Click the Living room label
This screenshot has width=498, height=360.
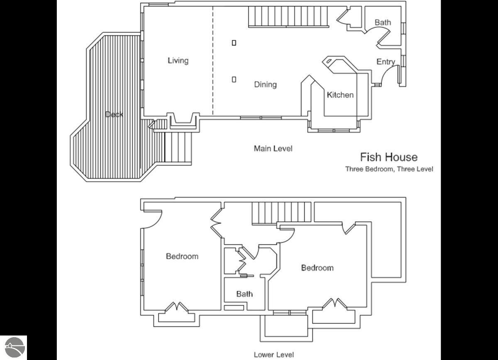178,61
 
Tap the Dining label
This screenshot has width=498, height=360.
266,85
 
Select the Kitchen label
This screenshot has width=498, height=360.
340,95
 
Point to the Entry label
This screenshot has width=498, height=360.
386,62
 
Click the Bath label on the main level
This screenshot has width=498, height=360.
383,22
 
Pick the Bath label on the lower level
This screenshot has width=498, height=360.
244,294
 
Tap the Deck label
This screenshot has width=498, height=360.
114,115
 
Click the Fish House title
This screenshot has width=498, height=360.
389,157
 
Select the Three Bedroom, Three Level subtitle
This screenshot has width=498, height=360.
389,169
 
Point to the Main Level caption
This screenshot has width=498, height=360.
273,148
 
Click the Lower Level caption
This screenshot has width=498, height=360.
273,355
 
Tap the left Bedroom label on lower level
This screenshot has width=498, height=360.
182,256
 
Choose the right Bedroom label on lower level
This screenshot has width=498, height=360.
317,268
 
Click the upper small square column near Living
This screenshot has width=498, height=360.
234,43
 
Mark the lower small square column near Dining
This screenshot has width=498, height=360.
234,79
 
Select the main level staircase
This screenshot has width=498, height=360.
288,17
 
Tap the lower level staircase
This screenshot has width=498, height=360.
281,213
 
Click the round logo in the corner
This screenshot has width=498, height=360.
15,347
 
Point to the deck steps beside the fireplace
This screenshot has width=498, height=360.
178,147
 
